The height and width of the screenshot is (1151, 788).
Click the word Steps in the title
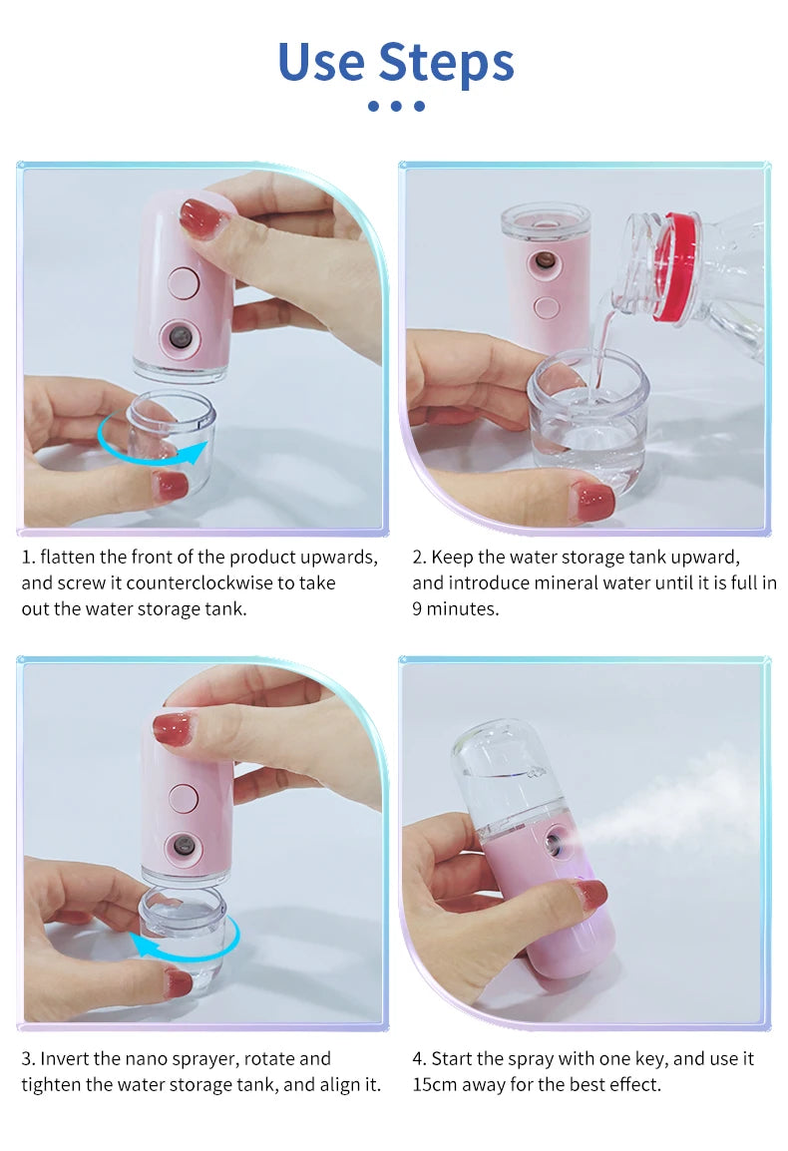click(446, 62)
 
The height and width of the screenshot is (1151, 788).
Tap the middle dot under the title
click(396, 106)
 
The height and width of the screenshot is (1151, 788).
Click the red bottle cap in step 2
click(677, 267)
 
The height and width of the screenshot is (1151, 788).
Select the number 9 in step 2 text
click(418, 608)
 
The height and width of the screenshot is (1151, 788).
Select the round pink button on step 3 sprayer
click(183, 797)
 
